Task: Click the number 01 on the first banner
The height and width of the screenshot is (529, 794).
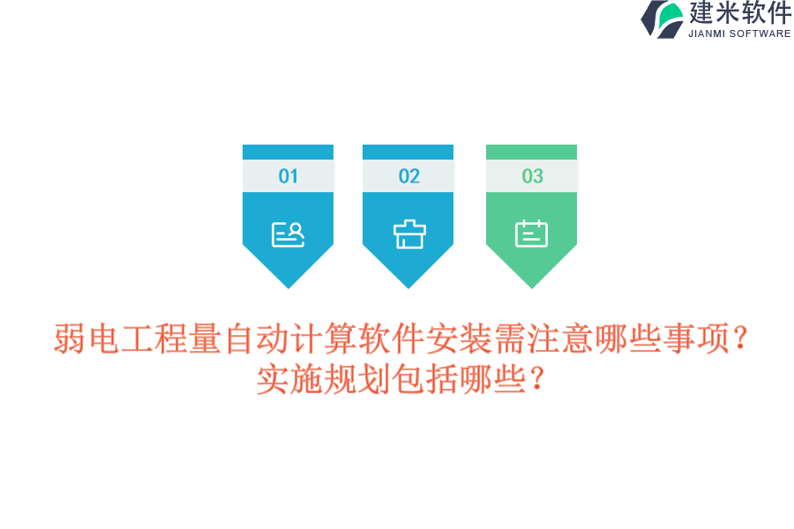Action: (x=288, y=176)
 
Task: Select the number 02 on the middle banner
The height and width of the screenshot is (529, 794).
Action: (x=408, y=176)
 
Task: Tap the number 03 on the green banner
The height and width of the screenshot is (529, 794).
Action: (x=532, y=176)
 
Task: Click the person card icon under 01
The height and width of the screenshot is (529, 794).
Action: (x=288, y=234)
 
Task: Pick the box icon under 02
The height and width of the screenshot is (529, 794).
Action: (x=408, y=234)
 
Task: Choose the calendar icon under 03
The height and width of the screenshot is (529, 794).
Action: (x=532, y=234)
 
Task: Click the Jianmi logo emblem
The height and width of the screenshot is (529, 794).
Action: (x=663, y=19)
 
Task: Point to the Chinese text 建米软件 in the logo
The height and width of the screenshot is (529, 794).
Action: (x=740, y=13)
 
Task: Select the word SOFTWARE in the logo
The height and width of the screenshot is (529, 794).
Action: (x=760, y=34)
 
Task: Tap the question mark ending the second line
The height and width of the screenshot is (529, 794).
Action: (x=536, y=380)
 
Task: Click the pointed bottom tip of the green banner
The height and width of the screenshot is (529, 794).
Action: (x=532, y=285)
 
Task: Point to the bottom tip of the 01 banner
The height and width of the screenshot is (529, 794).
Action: (x=288, y=285)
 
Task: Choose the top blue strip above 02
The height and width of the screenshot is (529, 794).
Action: (x=408, y=152)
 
